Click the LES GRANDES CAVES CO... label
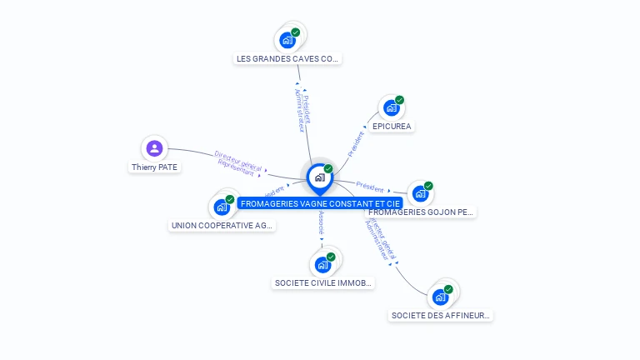287,59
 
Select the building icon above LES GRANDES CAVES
287,39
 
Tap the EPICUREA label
392,127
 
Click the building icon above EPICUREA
391,107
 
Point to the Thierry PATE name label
155,167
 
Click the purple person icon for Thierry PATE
154,148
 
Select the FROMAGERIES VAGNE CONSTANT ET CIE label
321,203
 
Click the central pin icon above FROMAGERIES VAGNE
319,177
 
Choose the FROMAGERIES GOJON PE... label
421,212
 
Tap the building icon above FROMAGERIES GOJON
420,193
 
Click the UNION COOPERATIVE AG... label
222,226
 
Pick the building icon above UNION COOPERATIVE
222,207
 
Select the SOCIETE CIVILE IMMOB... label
323,283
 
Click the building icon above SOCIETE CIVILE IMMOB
322,264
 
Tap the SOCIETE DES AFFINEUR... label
442,316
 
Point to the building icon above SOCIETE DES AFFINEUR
441,297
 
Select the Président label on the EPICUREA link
356,143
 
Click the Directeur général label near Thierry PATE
237,159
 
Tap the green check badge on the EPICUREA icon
399,100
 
